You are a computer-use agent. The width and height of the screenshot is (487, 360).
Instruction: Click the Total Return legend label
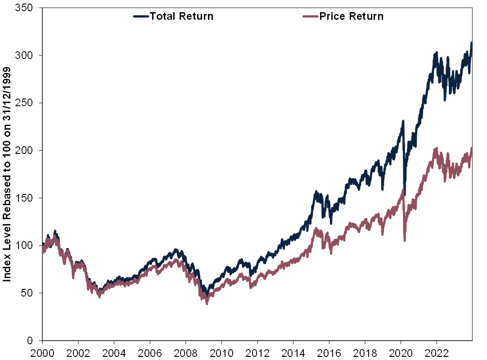click(181, 17)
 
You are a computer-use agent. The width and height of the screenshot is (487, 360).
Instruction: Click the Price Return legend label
click(352, 17)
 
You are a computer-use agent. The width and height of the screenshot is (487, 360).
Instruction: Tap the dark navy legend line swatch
click(141, 17)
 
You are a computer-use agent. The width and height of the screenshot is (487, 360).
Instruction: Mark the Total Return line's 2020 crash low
click(405, 193)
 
